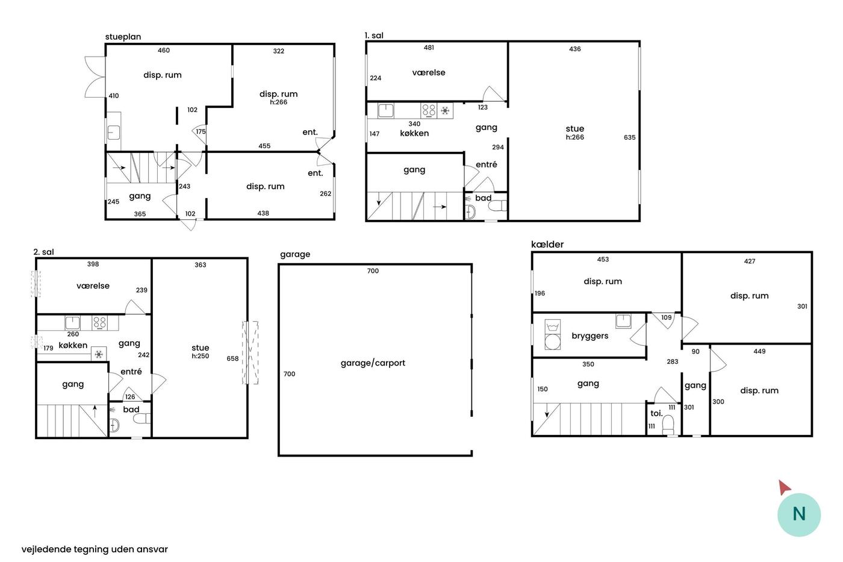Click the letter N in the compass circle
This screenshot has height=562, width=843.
pyautogui.click(x=798, y=514)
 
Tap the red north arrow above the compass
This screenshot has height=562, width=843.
pyautogui.click(x=784, y=487)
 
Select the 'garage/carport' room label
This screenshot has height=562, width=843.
pyautogui.click(x=373, y=363)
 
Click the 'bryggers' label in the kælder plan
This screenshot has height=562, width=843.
pyautogui.click(x=589, y=336)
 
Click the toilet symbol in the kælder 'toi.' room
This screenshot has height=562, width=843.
pyautogui.click(x=668, y=425)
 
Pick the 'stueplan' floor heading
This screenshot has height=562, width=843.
pyautogui.click(x=123, y=37)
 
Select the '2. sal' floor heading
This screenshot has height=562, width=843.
pyautogui.click(x=43, y=252)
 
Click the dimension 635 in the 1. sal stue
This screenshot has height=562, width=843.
pyautogui.click(x=629, y=137)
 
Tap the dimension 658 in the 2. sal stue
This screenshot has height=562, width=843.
pyautogui.click(x=232, y=358)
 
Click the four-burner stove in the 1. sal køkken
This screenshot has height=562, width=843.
pyautogui.click(x=429, y=111)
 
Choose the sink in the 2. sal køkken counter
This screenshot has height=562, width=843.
pyautogui.click(x=72, y=323)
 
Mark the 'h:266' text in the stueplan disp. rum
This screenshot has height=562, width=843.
pyautogui.click(x=278, y=102)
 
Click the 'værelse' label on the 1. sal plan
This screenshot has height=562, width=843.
pyautogui.click(x=429, y=72)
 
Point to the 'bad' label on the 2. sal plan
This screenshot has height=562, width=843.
pyautogui.click(x=131, y=409)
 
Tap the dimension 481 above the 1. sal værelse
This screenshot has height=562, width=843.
pyautogui.click(x=429, y=48)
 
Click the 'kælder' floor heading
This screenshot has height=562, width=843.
pyautogui.click(x=547, y=245)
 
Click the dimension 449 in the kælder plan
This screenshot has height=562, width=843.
pyautogui.click(x=759, y=351)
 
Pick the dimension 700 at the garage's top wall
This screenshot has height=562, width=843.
pyautogui.click(x=373, y=270)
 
